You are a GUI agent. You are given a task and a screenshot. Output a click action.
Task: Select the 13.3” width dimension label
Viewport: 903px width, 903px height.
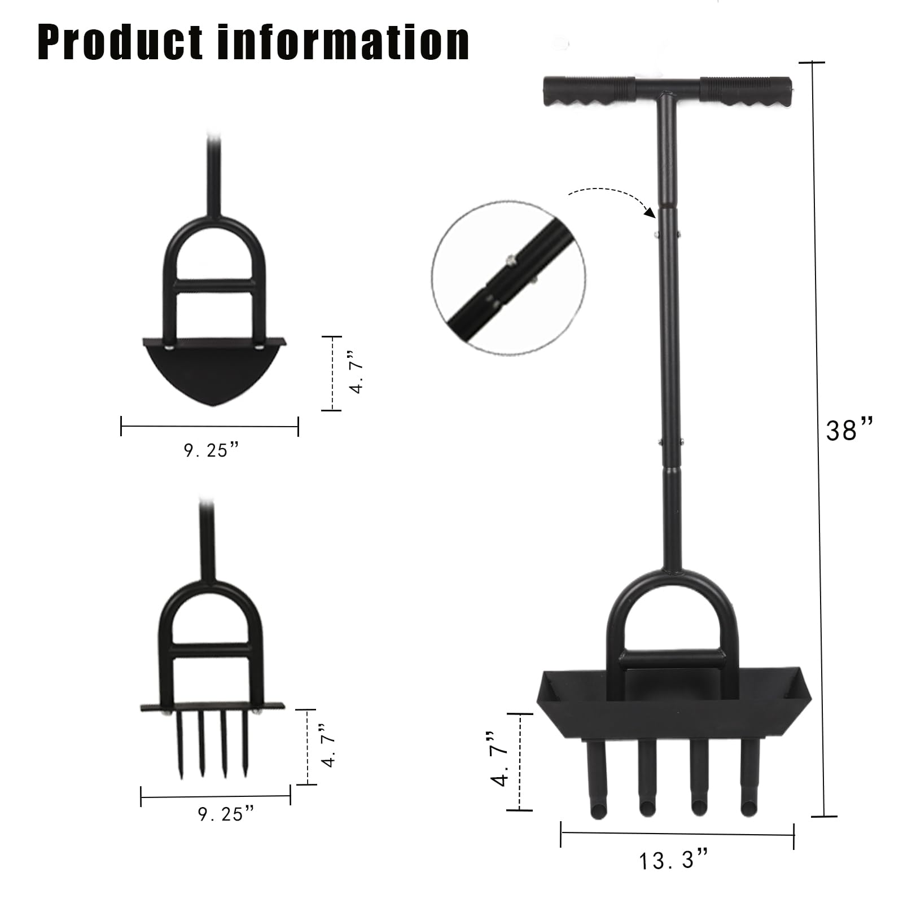(x=673, y=861)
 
